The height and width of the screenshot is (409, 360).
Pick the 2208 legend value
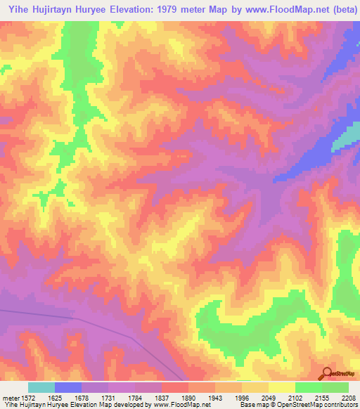[349, 397]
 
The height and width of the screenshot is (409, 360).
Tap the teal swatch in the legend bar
[41, 387]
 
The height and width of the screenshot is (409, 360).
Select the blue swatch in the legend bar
[68, 387]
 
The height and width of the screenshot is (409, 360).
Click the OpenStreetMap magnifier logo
[327, 372]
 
